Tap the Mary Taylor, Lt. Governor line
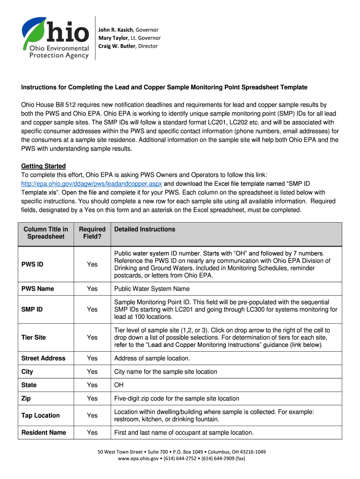[x=129, y=38]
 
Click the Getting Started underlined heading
[x=43, y=166]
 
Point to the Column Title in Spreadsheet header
[x=46, y=233]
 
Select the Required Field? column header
[x=92, y=233]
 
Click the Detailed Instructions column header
[x=144, y=229]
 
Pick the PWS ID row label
[x=32, y=264]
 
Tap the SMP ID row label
[x=33, y=309]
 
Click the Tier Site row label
[x=34, y=337]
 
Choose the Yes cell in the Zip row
[x=92, y=399]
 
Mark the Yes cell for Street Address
[x=92, y=358]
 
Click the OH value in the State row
[x=119, y=385]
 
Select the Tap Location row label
[x=41, y=415]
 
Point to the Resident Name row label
[x=43, y=433]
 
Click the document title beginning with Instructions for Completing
[x=164, y=87]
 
